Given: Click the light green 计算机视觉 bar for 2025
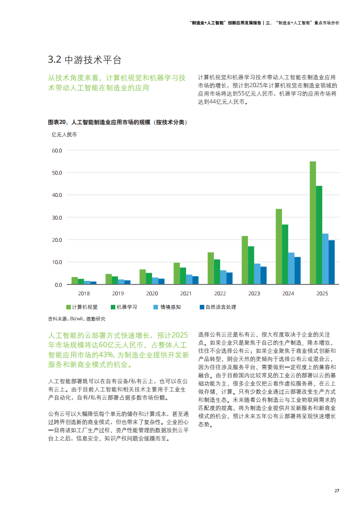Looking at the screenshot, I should (x=313, y=223).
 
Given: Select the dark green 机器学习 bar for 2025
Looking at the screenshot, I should (x=319, y=235).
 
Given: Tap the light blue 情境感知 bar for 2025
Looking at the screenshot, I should (x=325, y=259).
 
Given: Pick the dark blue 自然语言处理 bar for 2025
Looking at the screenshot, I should (x=332, y=262).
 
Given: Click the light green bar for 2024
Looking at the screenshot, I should (x=279, y=246).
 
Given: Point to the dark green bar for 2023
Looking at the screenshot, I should (x=251, y=265).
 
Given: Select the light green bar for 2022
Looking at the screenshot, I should (x=211, y=268).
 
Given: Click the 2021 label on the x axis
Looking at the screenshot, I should (x=186, y=294).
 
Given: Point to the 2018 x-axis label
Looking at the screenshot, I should (x=84, y=294).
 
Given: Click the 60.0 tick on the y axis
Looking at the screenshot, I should (x=57, y=150).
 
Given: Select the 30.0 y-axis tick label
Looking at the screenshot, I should (x=57, y=217).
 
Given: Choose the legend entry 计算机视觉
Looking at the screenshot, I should (x=82, y=307).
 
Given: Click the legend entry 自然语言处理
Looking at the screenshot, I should (x=218, y=307).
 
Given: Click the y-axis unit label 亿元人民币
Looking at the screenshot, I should (x=64, y=135).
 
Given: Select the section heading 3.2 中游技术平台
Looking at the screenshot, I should (x=85, y=60).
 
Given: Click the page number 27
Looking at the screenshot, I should (x=337, y=491).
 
